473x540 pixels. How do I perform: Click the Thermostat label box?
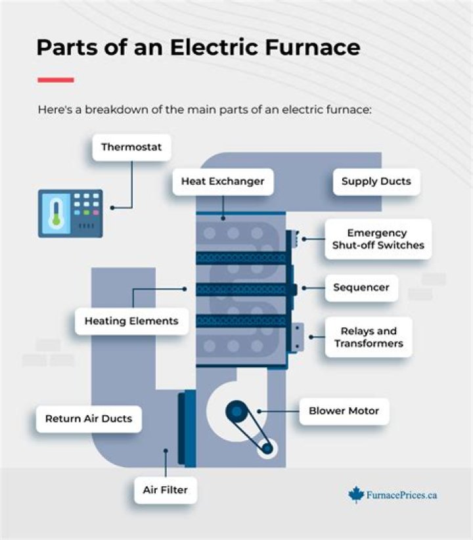(x=131, y=147)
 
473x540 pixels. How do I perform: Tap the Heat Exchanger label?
(x=222, y=181)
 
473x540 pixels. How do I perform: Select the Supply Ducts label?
(x=376, y=181)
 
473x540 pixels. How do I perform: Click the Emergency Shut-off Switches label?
(x=377, y=239)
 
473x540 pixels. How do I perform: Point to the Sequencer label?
(x=361, y=287)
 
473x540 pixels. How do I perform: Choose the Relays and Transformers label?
(x=368, y=337)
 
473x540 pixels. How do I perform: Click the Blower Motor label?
(x=344, y=411)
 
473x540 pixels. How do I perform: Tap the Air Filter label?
(x=165, y=489)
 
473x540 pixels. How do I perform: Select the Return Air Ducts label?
(x=88, y=418)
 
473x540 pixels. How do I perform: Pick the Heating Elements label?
(x=131, y=321)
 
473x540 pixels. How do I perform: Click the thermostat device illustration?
(x=70, y=213)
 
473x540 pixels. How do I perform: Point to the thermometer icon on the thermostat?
(x=56, y=213)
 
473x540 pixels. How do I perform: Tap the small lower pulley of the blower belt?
(x=267, y=448)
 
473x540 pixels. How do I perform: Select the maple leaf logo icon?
(x=356, y=495)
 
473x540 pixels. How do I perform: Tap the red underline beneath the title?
(x=55, y=80)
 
